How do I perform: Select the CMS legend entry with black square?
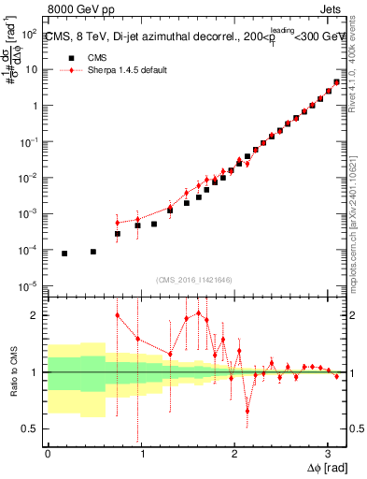(85, 57)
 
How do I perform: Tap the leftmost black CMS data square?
(64, 254)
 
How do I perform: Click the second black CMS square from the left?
(93, 252)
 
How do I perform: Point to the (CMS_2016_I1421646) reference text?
(194, 279)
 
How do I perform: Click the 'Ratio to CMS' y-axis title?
(12, 373)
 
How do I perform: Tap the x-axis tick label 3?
(328, 453)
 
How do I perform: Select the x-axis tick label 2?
(234, 453)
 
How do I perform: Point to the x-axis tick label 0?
(48, 453)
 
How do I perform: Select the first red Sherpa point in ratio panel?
(118, 315)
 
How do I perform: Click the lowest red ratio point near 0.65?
(247, 411)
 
